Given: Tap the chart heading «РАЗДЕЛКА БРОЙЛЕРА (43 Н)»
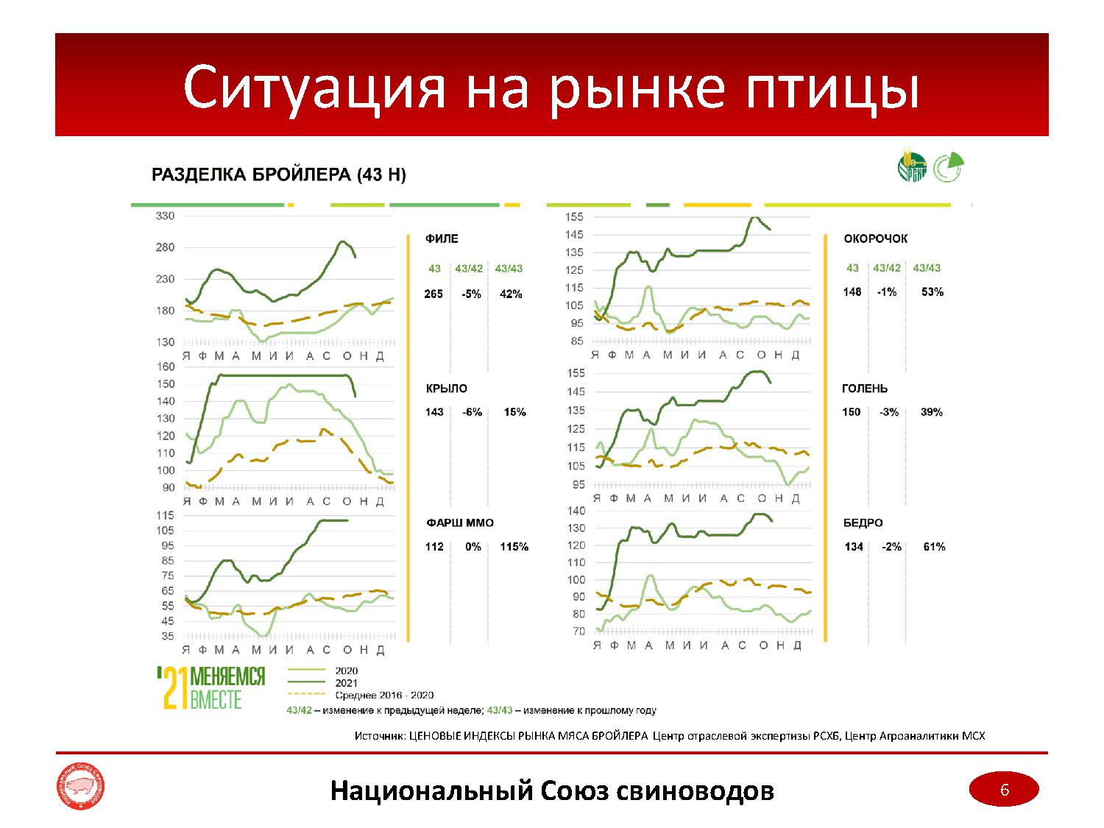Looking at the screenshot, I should [x=278, y=175].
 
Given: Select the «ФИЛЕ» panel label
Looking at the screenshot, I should [x=442, y=238].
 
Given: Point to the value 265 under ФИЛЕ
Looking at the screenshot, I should [x=434, y=294].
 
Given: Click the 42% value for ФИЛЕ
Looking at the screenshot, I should [x=510, y=294].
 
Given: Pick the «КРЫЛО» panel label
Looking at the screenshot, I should [x=446, y=389].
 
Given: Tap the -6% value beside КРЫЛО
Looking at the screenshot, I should [x=472, y=412].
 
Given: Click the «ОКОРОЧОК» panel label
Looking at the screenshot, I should [x=875, y=238].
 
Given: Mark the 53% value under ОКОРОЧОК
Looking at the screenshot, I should [x=932, y=292].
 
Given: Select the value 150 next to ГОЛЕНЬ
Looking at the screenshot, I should [x=852, y=412].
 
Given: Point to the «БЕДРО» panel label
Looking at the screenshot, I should [x=863, y=523].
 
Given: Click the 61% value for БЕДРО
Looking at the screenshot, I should [x=934, y=547].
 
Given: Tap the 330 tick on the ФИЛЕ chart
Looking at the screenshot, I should [x=165, y=216].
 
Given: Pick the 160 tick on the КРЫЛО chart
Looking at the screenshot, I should [x=166, y=367].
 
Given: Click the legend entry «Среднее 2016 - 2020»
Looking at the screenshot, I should [x=383, y=695].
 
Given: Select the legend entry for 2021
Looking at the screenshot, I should [x=346, y=683].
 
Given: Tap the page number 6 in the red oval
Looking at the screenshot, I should [x=1004, y=790].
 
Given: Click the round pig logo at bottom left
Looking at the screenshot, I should [x=82, y=790].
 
